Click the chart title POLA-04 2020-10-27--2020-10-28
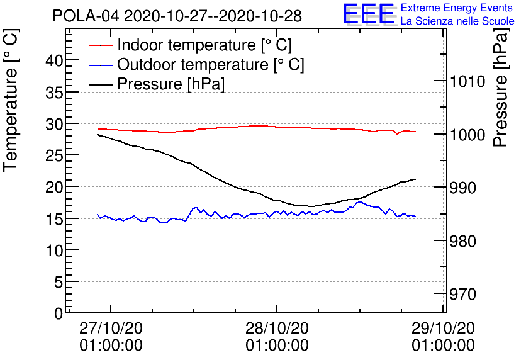[x=177, y=15]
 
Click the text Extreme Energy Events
[x=457, y=8]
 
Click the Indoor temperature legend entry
[x=204, y=45]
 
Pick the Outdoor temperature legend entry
[x=211, y=65]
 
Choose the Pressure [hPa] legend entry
[x=171, y=84]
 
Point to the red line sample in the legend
[x=101, y=45]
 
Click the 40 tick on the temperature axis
[x=55, y=60]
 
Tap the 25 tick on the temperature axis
[x=55, y=155]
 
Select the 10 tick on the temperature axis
[x=55, y=250]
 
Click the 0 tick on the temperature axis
[x=59, y=313]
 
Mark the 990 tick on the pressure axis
[x=462, y=188]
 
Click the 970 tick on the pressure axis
[x=462, y=294]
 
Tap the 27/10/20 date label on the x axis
[x=111, y=329]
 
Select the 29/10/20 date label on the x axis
[x=443, y=329]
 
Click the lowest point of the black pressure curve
[x=310, y=206]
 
